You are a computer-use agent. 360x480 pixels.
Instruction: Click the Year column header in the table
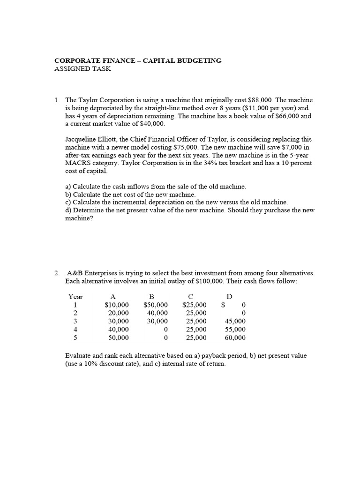pos(75,297)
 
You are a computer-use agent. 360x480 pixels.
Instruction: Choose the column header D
pos(229,297)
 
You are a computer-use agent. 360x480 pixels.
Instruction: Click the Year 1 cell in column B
pos(155,305)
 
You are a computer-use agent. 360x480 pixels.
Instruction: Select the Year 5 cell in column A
pos(118,337)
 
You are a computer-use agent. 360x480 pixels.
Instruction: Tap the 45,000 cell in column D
pos(235,321)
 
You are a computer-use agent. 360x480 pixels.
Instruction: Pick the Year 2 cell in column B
pos(157,313)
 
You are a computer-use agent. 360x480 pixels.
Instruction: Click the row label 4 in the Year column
pos(75,329)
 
